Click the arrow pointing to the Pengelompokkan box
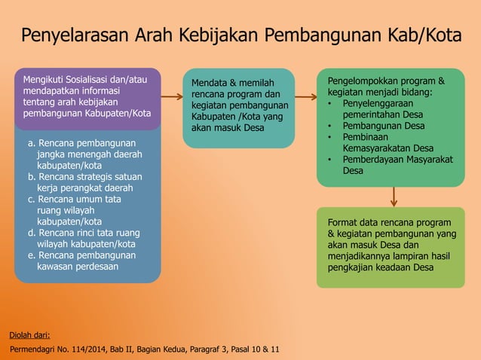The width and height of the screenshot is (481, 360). (x=305, y=97)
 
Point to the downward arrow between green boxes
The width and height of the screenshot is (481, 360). (x=393, y=196)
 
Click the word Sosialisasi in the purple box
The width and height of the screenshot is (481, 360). (x=95, y=79)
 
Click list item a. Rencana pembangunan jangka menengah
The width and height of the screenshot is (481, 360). (x=81, y=153)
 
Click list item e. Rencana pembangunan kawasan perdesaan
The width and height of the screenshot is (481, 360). (x=81, y=261)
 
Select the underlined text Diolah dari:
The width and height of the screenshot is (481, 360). (x=29, y=335)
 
